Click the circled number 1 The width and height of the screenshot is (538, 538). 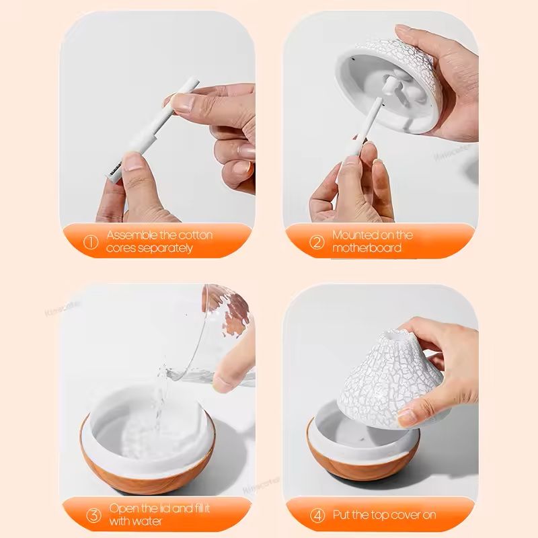coord(89,241)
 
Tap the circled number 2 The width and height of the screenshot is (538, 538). coord(316,241)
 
